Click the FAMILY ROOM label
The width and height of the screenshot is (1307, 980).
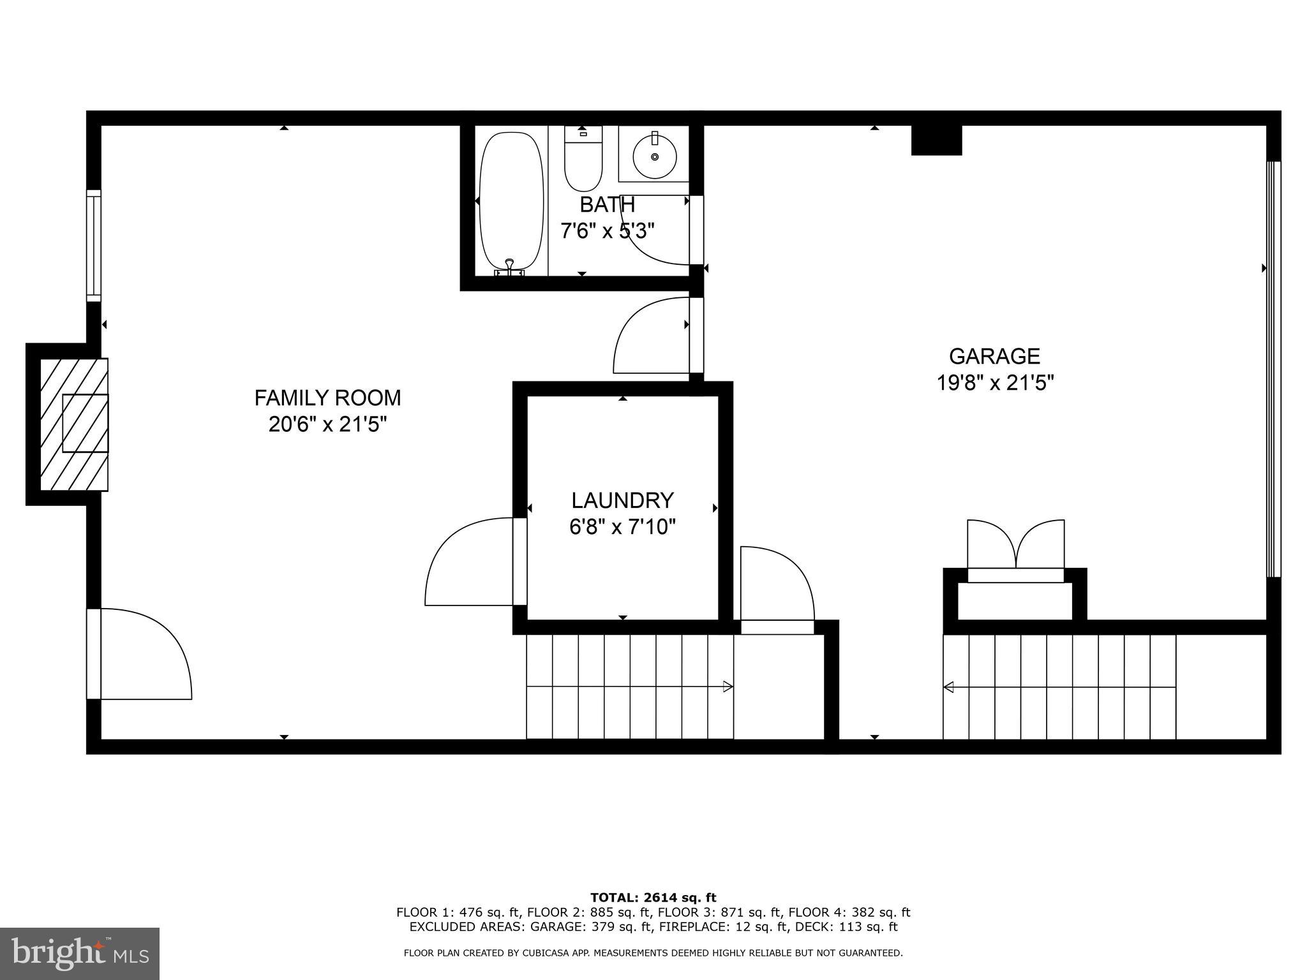[x=327, y=398]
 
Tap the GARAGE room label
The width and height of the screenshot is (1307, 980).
[x=994, y=356]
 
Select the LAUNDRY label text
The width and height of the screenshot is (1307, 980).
[x=622, y=500]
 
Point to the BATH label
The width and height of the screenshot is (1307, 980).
[x=607, y=205]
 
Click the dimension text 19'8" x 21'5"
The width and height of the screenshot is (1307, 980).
[x=994, y=383]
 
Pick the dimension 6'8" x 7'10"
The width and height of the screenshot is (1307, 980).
[x=622, y=527]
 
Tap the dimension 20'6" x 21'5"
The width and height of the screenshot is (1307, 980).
[x=327, y=424]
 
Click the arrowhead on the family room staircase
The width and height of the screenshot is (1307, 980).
[x=728, y=687]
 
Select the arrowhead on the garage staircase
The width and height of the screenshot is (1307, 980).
[x=949, y=687]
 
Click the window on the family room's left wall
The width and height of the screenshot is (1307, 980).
[x=94, y=246]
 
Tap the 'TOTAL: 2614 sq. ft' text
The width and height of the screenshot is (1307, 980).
[x=653, y=898]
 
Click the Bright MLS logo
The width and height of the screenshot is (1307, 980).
[x=80, y=953]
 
